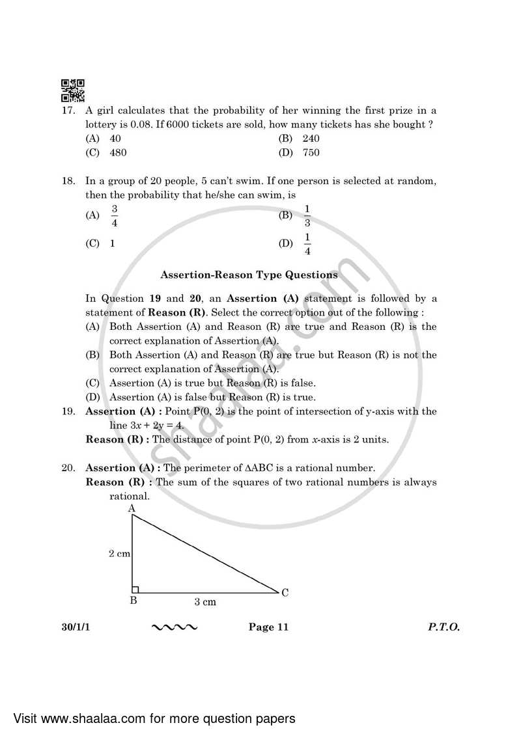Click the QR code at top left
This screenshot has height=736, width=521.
pyautogui.click(x=72, y=91)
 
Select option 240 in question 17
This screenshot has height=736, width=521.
pyautogui.click(x=311, y=139)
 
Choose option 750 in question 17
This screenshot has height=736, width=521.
pyautogui.click(x=311, y=153)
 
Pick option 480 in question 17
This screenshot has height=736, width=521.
pyautogui.click(x=118, y=153)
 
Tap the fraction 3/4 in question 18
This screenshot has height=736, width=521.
pyautogui.click(x=114, y=215)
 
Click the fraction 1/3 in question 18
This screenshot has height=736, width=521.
pyautogui.click(x=307, y=215)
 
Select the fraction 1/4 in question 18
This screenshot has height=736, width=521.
pyautogui.click(x=307, y=244)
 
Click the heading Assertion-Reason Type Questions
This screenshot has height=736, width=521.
pyautogui.click(x=249, y=275)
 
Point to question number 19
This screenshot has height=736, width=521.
pyautogui.click(x=68, y=411)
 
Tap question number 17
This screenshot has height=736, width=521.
pyautogui.click(x=68, y=110)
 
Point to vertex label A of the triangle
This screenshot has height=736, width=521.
pyautogui.click(x=132, y=508)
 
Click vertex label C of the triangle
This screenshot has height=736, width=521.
pyautogui.click(x=285, y=592)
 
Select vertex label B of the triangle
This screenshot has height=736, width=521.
pyautogui.click(x=133, y=601)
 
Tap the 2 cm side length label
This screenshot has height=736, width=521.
pyautogui.click(x=119, y=553)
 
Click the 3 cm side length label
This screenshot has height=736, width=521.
pyautogui.click(x=205, y=602)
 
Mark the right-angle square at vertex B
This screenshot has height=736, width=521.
pyautogui.click(x=136, y=590)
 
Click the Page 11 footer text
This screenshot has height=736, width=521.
pyautogui.click(x=268, y=627)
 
